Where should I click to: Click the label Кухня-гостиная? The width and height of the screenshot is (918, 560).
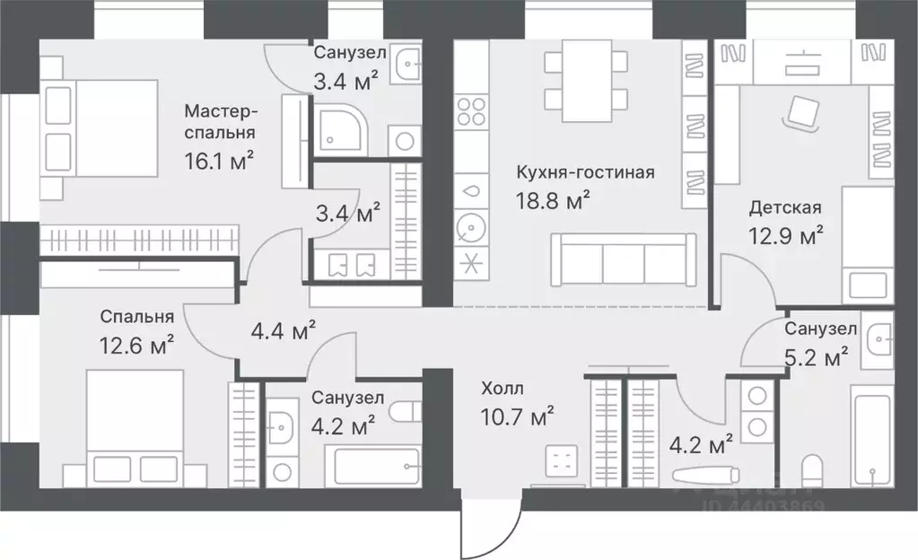585,172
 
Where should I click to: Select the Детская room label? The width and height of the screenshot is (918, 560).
786,208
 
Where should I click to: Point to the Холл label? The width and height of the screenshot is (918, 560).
502,389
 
